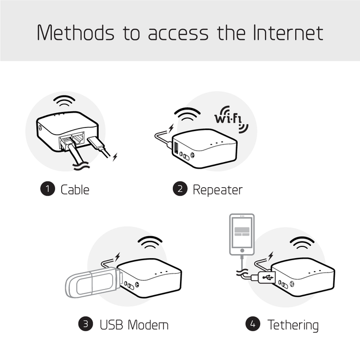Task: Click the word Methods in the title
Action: pyautogui.click(x=76, y=32)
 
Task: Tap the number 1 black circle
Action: pyautogui.click(x=47, y=189)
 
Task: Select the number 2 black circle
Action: pyautogui.click(x=179, y=189)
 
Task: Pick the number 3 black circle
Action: pyautogui.click(x=85, y=325)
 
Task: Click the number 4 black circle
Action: pyautogui.click(x=252, y=325)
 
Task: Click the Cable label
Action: pyautogui.click(x=75, y=189)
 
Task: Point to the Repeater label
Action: pyautogui.click(x=217, y=189)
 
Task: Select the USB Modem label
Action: pyautogui.click(x=134, y=325)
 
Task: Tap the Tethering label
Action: pyautogui.click(x=293, y=325)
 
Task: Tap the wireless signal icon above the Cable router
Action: pyautogui.click(x=65, y=99)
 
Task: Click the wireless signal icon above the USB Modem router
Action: pyautogui.click(x=151, y=242)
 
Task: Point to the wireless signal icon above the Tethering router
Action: pyautogui.click(x=302, y=242)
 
